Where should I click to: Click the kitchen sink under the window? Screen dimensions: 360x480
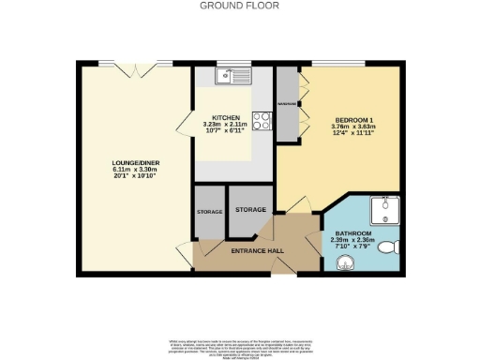228,76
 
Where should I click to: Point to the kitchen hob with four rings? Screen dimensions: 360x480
263,121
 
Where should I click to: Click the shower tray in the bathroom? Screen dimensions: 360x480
386,208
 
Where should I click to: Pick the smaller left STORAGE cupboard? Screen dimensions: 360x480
209,212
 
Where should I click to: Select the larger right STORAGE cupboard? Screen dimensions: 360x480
250,209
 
